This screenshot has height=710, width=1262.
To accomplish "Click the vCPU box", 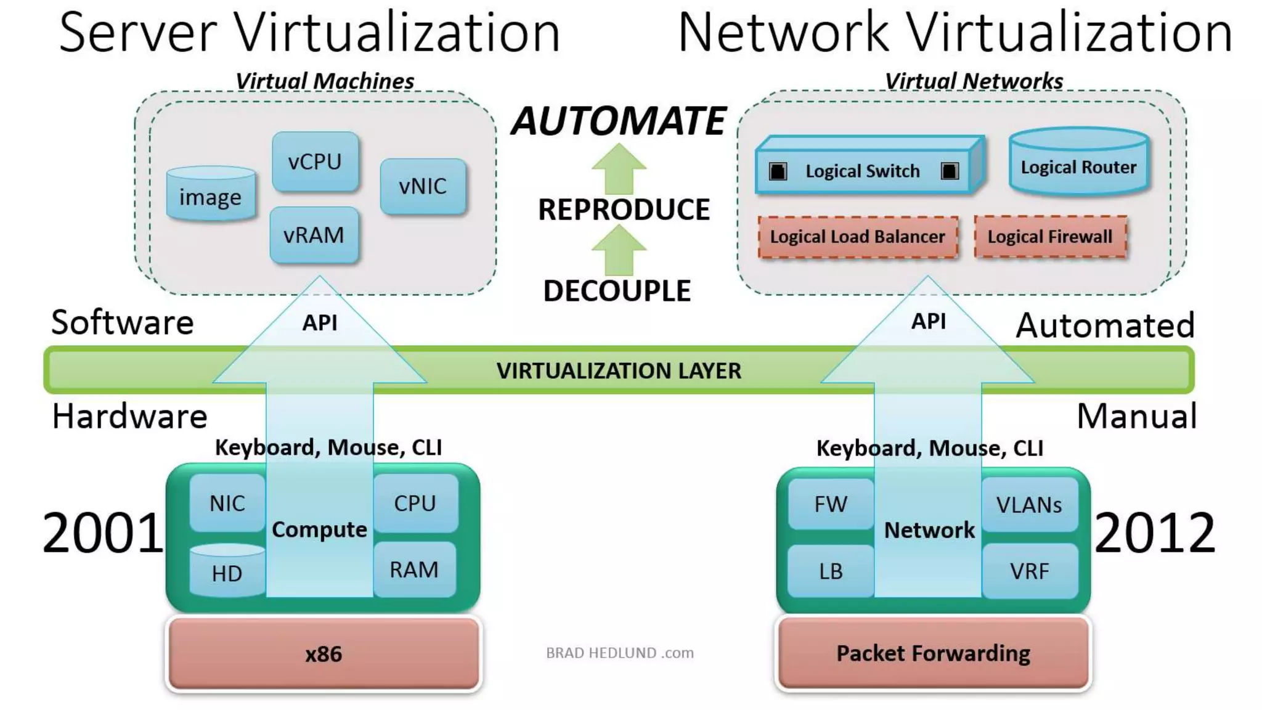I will (x=315, y=161).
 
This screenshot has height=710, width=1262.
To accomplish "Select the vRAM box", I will (x=314, y=235).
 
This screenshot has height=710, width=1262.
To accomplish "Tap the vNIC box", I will (x=423, y=186).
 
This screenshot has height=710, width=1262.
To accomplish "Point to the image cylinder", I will (x=211, y=196).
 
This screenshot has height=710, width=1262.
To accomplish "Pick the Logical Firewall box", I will (x=1050, y=237).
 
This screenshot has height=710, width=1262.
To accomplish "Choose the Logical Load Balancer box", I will (x=857, y=237).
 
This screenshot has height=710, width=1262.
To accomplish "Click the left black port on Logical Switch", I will (x=778, y=171).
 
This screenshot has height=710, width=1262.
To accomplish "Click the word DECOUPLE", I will (x=617, y=291).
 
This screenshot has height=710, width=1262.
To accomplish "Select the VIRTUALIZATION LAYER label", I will (x=619, y=370).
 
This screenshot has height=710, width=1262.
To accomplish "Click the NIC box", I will (x=227, y=503).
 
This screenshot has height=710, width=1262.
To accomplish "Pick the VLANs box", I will (x=1028, y=505).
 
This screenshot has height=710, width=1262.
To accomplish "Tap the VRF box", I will (x=1028, y=571).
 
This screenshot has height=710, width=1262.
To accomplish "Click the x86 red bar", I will (x=324, y=653).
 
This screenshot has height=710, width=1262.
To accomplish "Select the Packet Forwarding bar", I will (x=933, y=653).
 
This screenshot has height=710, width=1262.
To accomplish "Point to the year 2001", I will (x=102, y=533).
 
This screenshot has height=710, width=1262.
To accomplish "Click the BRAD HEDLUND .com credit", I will (x=619, y=653).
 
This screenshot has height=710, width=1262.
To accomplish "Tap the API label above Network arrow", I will (x=928, y=321).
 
